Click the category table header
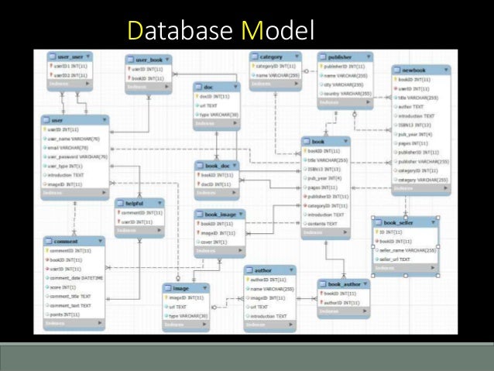(x=271, y=56)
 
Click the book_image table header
(x=219, y=214)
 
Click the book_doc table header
(x=217, y=165)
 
